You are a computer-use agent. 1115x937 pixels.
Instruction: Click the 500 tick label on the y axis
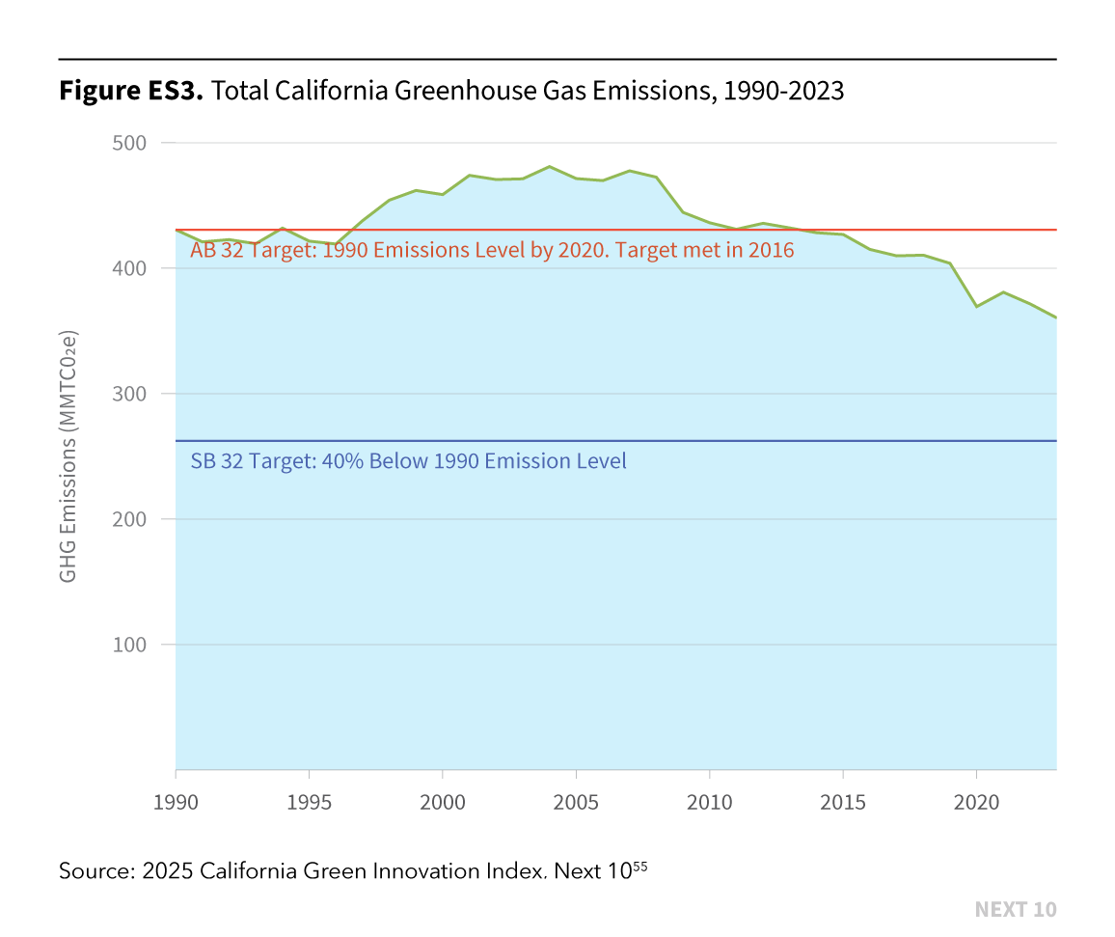pyautogui.click(x=129, y=143)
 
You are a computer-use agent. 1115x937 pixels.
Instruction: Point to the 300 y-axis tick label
pyautogui.click(x=129, y=394)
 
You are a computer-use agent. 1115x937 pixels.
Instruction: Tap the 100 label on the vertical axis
pyautogui.click(x=129, y=645)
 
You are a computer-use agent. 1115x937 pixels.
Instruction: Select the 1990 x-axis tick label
pyautogui.click(x=176, y=803)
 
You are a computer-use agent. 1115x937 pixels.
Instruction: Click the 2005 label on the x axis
pyautogui.click(x=576, y=803)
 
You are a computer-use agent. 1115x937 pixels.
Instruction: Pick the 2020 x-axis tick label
pyautogui.click(x=976, y=803)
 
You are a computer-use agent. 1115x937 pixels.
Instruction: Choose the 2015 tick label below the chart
pyautogui.click(x=843, y=803)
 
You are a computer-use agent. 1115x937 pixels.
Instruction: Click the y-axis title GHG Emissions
pyautogui.click(x=68, y=456)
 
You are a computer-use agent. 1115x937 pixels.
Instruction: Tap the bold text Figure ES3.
pyautogui.click(x=131, y=91)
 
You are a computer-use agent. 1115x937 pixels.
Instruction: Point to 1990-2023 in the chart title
pyautogui.click(x=783, y=91)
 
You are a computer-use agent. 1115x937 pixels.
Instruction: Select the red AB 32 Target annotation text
pyautogui.click(x=492, y=250)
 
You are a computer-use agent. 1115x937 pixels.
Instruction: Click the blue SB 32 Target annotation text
pyautogui.click(x=408, y=461)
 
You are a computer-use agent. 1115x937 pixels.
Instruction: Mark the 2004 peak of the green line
pyautogui.click(x=550, y=167)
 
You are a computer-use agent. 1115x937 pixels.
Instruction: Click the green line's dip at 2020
pyautogui.click(x=976, y=307)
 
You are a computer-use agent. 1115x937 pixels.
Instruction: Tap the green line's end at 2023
pyautogui.click(x=1056, y=317)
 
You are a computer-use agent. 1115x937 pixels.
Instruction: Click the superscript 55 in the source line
pyautogui.click(x=640, y=866)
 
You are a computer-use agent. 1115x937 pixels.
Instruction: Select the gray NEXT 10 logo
pyautogui.click(x=1016, y=909)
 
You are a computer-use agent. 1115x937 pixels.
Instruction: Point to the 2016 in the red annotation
pyautogui.click(x=771, y=250)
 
